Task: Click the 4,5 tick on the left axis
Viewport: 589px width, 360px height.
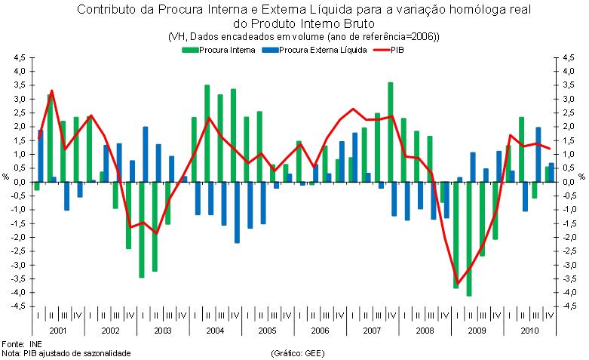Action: point(20,57)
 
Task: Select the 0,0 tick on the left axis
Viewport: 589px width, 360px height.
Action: point(20,182)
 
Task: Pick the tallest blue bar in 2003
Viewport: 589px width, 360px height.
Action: point(146,154)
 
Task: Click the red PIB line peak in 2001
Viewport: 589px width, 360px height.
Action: point(51,91)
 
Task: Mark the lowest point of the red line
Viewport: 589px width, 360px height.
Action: point(456,283)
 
